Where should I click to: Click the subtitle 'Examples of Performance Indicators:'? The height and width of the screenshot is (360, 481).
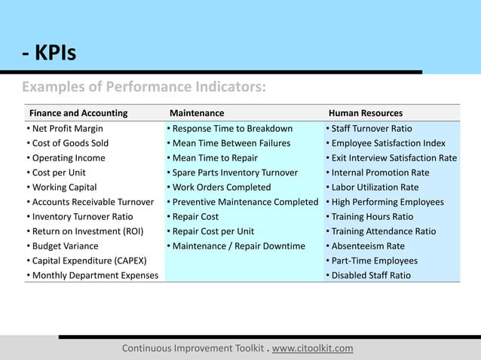(x=143, y=88)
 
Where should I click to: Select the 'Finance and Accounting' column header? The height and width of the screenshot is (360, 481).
(x=78, y=114)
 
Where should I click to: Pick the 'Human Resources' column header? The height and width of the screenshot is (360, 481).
(x=365, y=114)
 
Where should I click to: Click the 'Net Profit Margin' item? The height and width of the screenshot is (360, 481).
(x=67, y=129)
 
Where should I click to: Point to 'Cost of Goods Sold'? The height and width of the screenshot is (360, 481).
(x=69, y=143)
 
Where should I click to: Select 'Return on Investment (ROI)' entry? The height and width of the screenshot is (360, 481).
(x=84, y=231)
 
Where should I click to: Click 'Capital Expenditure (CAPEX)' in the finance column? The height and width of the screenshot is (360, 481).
(x=86, y=261)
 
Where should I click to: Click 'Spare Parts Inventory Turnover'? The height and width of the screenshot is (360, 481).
(x=234, y=172)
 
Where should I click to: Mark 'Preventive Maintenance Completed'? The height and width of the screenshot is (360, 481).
(x=244, y=202)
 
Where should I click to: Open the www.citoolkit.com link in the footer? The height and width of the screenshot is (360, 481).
(x=312, y=349)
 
